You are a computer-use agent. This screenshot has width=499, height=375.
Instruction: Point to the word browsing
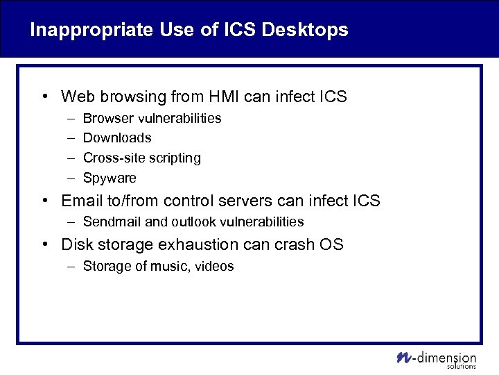135,97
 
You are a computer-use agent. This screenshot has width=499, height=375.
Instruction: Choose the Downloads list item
117,138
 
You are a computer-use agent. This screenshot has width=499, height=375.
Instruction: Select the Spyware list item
110,178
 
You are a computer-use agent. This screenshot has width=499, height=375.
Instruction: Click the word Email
80,201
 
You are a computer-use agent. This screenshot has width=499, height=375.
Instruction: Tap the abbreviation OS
331,244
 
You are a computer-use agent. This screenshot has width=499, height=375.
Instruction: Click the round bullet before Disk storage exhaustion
44,244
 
